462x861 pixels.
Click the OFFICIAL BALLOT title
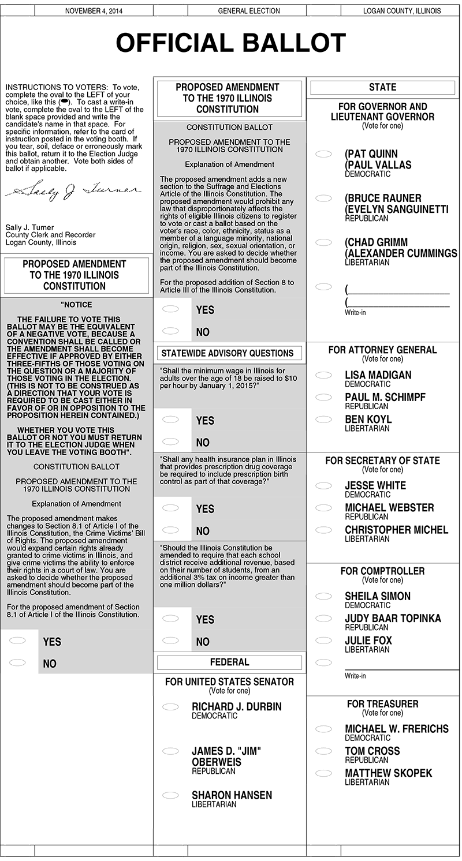(231, 43)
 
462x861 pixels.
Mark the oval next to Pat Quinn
(323, 154)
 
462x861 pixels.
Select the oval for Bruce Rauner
(323, 199)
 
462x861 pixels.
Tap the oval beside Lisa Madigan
(323, 375)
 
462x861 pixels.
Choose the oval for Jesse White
(323, 486)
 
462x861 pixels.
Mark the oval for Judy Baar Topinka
(323, 619)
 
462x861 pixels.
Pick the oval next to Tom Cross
(323, 751)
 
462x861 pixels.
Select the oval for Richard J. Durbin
(170, 707)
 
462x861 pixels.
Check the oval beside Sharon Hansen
(170, 795)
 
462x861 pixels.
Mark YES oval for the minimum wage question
(170, 420)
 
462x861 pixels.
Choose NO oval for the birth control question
(170, 530)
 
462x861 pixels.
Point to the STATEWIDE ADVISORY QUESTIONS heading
(227, 353)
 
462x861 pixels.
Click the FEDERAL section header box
(229, 662)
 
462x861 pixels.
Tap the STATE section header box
(382, 87)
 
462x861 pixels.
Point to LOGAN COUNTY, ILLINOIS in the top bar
(402, 11)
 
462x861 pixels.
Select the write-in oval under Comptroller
(323, 662)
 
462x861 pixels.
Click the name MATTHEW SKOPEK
(388, 773)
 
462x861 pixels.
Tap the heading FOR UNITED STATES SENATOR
(229, 682)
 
